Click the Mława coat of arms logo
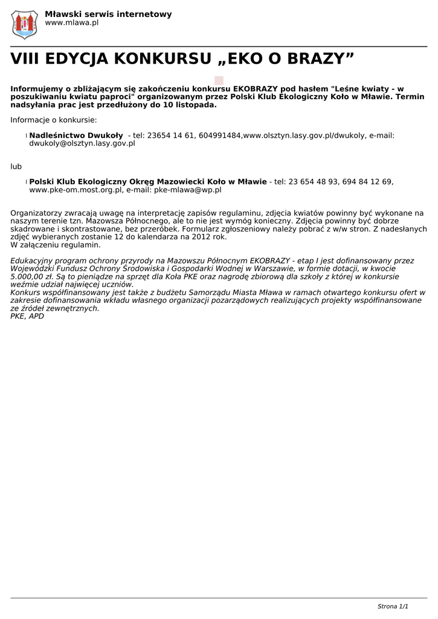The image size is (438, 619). (x=25, y=24)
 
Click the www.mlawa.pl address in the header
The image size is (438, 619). (x=72, y=23)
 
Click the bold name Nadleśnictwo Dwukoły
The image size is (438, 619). (x=76, y=135)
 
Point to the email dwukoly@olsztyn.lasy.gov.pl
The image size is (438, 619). (x=82, y=144)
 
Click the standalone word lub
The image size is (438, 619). (x=16, y=166)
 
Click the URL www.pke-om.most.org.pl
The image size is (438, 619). (x=76, y=190)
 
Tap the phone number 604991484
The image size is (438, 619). (x=220, y=135)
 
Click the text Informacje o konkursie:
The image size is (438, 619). (x=53, y=120)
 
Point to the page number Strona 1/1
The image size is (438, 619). (x=393, y=606)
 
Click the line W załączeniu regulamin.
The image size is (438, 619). (x=56, y=245)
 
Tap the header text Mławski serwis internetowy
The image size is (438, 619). (x=108, y=14)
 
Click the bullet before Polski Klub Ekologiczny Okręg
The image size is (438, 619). (x=26, y=182)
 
